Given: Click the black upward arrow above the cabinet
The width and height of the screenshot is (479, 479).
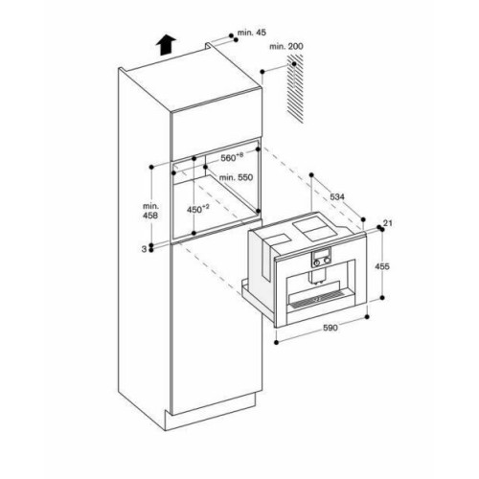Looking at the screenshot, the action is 166,45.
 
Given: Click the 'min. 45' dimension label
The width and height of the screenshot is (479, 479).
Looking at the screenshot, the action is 252,33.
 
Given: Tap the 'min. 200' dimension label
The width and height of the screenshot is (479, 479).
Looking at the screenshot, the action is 286,47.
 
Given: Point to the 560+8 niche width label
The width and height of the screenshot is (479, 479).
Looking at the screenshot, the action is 232,157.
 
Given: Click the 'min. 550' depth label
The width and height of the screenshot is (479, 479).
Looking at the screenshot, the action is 236,177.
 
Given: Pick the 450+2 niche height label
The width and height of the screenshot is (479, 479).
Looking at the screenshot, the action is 198,209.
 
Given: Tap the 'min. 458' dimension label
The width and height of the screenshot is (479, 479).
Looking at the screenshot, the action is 150,211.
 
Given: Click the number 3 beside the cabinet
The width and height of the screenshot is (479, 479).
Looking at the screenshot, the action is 144,249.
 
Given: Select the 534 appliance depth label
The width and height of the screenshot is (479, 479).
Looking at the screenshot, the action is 337,197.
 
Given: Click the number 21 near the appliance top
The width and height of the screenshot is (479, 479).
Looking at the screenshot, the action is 388,223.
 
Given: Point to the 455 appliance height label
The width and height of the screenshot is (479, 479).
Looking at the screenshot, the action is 382,266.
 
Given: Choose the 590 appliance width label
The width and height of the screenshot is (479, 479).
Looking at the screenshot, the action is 331,328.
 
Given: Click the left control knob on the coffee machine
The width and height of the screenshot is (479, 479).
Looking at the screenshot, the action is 316,262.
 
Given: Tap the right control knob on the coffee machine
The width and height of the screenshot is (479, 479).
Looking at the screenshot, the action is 327,262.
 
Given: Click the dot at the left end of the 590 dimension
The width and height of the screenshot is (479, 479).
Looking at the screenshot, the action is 277,342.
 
